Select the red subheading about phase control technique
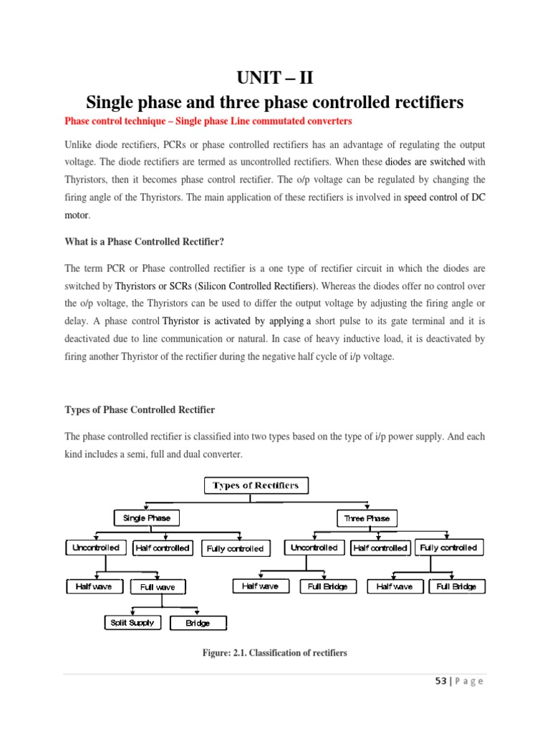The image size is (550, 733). (x=208, y=120)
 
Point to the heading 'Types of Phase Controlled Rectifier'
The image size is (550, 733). (x=140, y=409)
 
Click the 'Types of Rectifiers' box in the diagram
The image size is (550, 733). (x=256, y=486)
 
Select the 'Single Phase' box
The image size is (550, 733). (x=146, y=518)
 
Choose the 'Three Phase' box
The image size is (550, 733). (x=367, y=518)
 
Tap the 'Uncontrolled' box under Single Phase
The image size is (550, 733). (x=96, y=548)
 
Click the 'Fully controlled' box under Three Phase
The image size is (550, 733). (x=448, y=548)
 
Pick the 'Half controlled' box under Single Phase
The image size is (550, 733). (x=162, y=548)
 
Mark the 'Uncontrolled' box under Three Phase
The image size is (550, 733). (x=314, y=548)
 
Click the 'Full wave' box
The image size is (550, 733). (x=158, y=587)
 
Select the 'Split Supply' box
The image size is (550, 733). (x=132, y=623)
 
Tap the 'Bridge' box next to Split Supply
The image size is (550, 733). (x=198, y=623)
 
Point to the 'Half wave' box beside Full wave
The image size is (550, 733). (x=94, y=586)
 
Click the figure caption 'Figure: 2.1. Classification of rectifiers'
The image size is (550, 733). (x=275, y=653)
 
